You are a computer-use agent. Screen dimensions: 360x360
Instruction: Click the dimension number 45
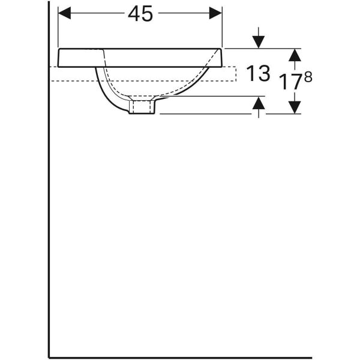(x=140, y=14)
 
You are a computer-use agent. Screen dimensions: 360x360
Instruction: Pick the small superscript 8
(x=309, y=77)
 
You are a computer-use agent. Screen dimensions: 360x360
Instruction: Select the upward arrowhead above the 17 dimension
(x=293, y=55)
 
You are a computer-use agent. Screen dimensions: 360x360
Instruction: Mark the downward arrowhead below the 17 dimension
(x=293, y=107)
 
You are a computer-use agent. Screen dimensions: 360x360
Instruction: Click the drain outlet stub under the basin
(x=142, y=107)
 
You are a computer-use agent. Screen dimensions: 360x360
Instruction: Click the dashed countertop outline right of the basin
(x=231, y=80)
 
